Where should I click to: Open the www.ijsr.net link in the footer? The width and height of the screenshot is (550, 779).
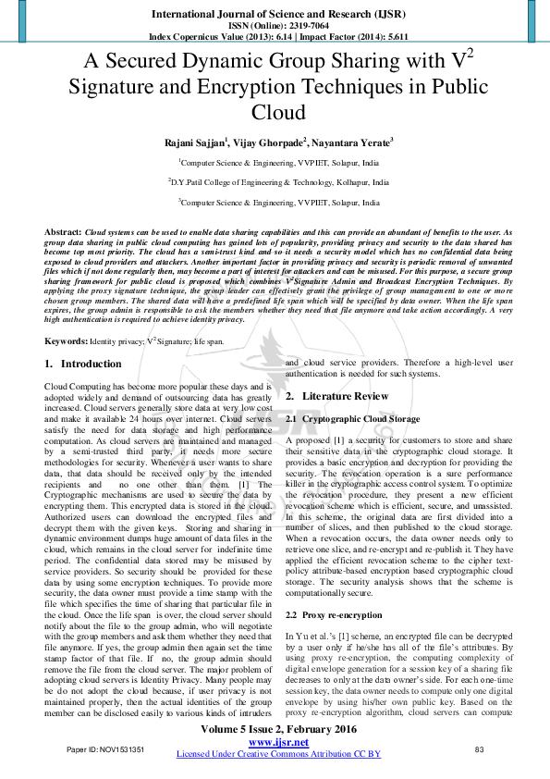coord(278,743)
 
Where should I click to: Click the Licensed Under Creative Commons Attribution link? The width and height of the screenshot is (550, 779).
coord(278,754)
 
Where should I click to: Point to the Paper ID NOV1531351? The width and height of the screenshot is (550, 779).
coord(105,748)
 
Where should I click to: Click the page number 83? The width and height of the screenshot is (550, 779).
coord(479,748)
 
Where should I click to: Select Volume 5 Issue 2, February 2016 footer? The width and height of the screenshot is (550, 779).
coord(278,731)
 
